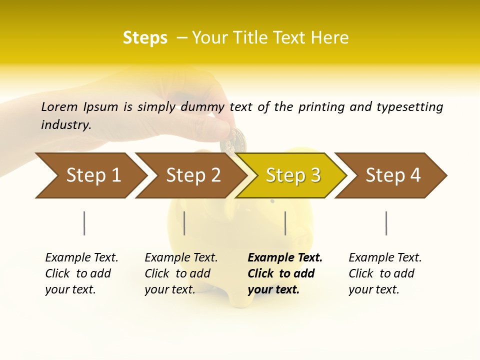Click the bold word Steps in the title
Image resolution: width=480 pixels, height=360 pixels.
tap(145, 38)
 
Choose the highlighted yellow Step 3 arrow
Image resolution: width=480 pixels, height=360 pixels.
tap(293, 175)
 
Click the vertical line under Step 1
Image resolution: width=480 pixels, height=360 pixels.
tap(84, 223)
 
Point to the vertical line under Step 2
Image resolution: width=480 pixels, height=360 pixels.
tap(184, 223)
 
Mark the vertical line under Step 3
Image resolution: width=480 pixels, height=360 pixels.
tap(285, 223)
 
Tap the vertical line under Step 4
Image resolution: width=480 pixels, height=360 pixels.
tap(386, 223)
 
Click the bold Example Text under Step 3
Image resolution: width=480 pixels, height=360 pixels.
tap(285, 258)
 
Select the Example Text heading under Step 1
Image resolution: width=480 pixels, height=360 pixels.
tap(81, 258)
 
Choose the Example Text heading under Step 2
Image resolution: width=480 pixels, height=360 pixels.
tap(181, 258)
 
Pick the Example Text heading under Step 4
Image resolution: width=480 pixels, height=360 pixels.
tap(385, 258)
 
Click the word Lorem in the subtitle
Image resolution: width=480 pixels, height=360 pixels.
tap(59, 107)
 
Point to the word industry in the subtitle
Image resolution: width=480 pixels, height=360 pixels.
tap(66, 125)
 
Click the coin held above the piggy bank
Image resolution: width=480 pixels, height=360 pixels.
tap(233, 140)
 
